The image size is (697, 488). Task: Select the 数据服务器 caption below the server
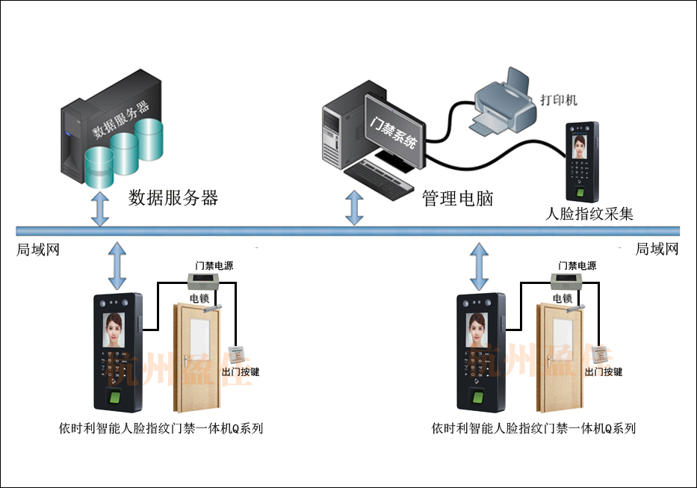tap(173, 198)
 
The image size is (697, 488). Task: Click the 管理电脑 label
tap(458, 199)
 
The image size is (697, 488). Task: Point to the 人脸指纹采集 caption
tap(589, 214)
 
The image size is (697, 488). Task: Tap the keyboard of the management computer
tap(380, 176)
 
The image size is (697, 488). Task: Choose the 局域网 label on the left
tap(37, 250)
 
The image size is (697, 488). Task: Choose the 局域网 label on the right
tap(657, 250)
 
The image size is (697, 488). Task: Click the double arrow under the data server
tap(99, 209)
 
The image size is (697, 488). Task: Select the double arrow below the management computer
tap(355, 209)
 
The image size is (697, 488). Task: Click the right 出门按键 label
tap(604, 371)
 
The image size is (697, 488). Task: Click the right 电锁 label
tap(563, 297)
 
